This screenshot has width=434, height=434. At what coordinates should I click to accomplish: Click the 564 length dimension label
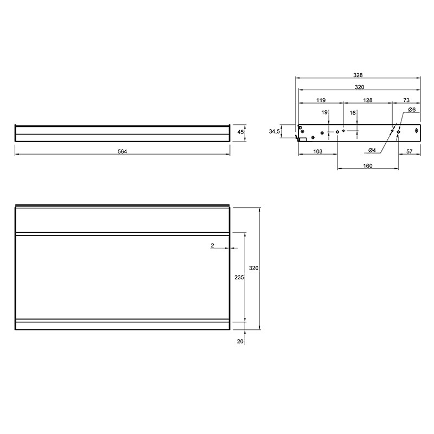pyautogui.click(x=123, y=151)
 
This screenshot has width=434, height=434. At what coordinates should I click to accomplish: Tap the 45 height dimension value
pyautogui.click(x=240, y=132)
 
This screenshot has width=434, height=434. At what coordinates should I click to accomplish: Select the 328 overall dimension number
pyautogui.click(x=358, y=75)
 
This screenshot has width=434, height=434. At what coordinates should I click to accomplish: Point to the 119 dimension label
pyautogui.click(x=321, y=100)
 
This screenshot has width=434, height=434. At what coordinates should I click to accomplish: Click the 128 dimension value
pyautogui.click(x=368, y=100)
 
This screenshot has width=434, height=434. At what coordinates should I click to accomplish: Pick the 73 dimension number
pyautogui.click(x=406, y=100)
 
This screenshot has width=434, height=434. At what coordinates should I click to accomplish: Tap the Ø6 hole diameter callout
pyautogui.click(x=412, y=110)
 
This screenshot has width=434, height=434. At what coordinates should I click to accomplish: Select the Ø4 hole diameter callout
pyautogui.click(x=372, y=150)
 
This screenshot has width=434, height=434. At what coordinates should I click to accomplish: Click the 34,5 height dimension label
pyautogui.click(x=275, y=132)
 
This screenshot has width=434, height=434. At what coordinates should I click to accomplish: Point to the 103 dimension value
pyautogui.click(x=318, y=151)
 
